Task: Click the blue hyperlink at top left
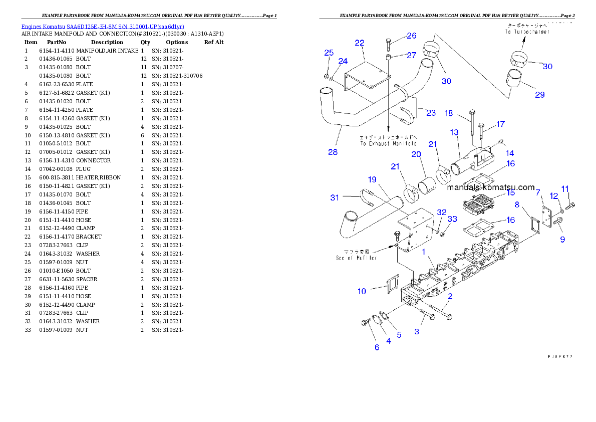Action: (103, 26)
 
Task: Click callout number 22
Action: (360, 43)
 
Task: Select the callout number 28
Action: (333, 152)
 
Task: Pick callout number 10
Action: (362, 291)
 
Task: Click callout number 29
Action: (539, 95)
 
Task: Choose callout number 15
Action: (510, 192)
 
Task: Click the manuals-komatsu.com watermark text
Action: (491, 187)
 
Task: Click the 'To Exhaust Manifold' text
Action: (388, 140)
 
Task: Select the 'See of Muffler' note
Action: (356, 255)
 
